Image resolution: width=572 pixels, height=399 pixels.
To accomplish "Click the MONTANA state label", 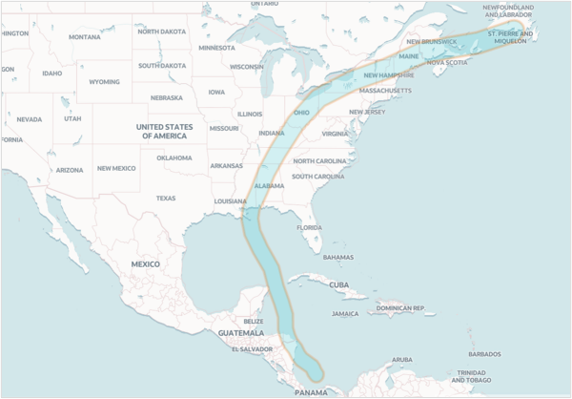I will pyautogui.click(x=84, y=37).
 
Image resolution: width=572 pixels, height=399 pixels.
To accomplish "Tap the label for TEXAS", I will pyautogui.click(x=166, y=199).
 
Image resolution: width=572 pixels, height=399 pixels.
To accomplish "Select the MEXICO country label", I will pyautogui.click(x=145, y=263).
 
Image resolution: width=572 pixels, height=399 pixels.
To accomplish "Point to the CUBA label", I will pyautogui.click(x=338, y=284).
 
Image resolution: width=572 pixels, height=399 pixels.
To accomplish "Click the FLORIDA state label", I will pyautogui.click(x=309, y=227).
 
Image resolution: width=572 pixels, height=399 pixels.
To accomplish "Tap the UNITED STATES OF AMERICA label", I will pyautogui.click(x=164, y=132).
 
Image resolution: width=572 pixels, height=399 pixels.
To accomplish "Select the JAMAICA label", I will pyautogui.click(x=345, y=313).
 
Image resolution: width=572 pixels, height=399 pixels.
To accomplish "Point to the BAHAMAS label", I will pyautogui.click(x=337, y=257).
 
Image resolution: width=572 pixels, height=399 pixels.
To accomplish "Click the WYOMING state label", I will pyautogui.click(x=104, y=82).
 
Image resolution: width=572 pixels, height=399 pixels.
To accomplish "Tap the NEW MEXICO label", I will pyautogui.click(x=117, y=168).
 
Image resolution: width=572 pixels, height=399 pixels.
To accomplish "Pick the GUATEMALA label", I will pyautogui.click(x=239, y=333).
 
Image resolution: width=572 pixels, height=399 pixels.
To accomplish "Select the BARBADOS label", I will pyautogui.click(x=484, y=354).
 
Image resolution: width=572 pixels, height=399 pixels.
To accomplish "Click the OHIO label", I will pyautogui.click(x=301, y=113).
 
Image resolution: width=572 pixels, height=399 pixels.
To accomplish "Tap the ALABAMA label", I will pyautogui.click(x=270, y=185).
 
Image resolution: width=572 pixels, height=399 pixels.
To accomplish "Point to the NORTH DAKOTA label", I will pyautogui.click(x=161, y=31).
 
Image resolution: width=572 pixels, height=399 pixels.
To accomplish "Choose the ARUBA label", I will pyautogui.click(x=403, y=360).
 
